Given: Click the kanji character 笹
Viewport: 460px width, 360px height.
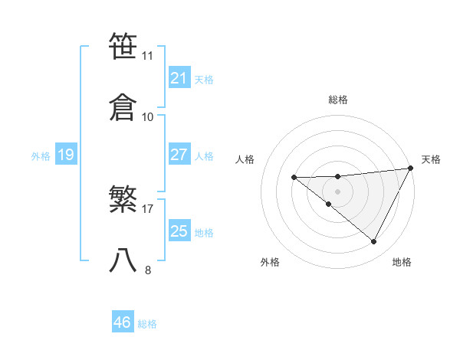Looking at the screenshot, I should click(123, 47).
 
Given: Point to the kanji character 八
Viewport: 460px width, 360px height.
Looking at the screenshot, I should click(123, 260).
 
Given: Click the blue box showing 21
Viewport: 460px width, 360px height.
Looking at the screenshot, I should click(179, 78).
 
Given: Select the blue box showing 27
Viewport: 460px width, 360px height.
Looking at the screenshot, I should click(179, 155).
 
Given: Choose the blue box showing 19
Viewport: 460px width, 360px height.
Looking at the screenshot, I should click(65, 155).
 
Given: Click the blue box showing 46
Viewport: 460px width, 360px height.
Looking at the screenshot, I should click(122, 322).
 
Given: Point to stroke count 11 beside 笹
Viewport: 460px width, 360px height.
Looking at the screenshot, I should click(148, 56).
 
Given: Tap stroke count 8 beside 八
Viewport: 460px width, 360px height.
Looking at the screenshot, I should click(148, 270).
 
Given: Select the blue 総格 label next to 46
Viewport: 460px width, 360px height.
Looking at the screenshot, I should click(147, 324).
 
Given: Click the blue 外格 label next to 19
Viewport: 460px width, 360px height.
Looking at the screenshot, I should click(41, 156).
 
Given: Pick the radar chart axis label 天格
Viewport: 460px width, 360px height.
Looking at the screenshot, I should click(431, 159).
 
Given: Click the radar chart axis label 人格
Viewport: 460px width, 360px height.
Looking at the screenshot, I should click(245, 159).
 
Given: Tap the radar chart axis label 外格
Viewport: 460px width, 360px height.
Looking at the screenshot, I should click(270, 262).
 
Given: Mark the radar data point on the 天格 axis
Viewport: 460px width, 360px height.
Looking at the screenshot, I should click(411, 169).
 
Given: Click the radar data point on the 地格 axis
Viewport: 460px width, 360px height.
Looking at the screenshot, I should click(374, 242).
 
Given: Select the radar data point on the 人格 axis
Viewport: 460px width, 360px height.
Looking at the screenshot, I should click(294, 178).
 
